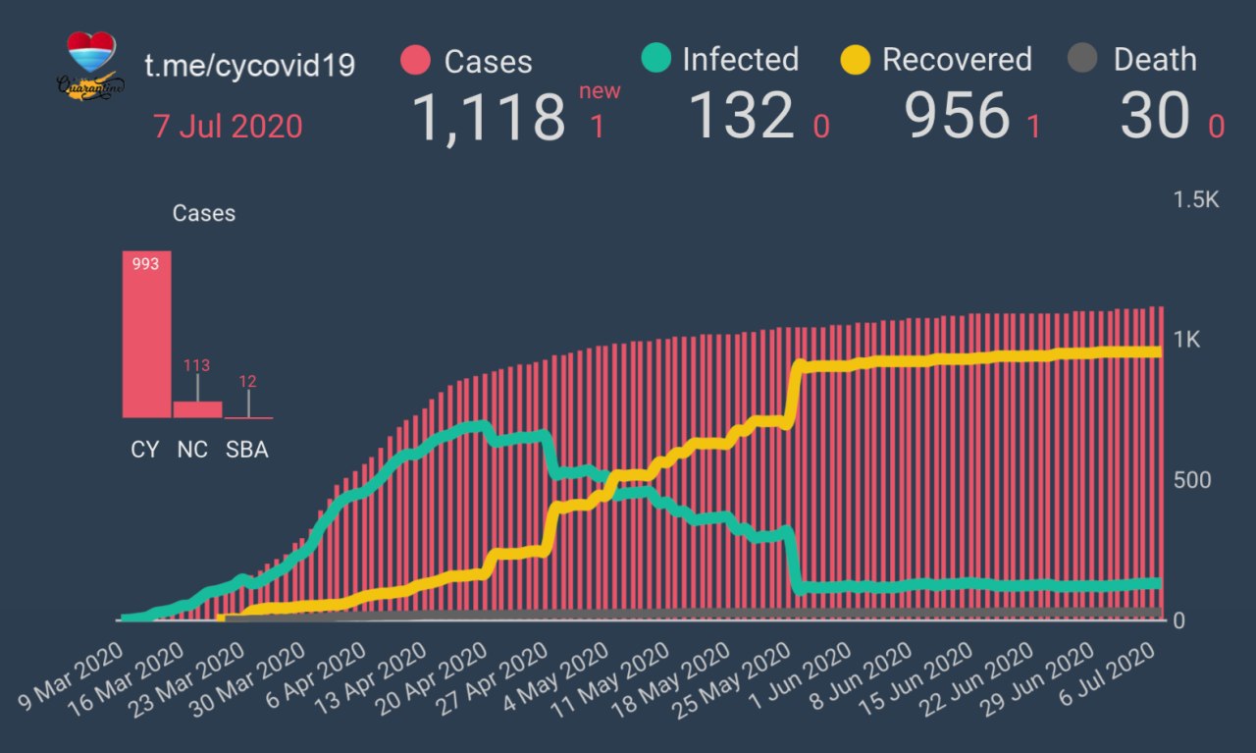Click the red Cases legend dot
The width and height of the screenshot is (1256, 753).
[416, 61]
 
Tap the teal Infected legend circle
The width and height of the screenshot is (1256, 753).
[655, 59]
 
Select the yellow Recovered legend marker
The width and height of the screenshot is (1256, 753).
[856, 60]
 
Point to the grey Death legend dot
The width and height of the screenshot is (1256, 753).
[1081, 60]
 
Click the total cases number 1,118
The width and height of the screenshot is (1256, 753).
[488, 117]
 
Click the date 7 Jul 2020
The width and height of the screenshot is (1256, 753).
[228, 127]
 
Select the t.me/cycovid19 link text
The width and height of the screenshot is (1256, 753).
[249, 66]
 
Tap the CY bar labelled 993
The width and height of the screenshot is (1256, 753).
[146, 335]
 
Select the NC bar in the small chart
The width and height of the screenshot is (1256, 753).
[197, 409]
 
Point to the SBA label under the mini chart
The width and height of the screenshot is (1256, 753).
[247, 451]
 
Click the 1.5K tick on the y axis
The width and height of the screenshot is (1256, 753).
[1196, 200]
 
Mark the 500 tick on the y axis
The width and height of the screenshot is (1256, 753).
[1191, 480]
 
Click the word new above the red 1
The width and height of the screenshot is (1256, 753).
[599, 91]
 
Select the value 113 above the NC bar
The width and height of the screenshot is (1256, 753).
[197, 366]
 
